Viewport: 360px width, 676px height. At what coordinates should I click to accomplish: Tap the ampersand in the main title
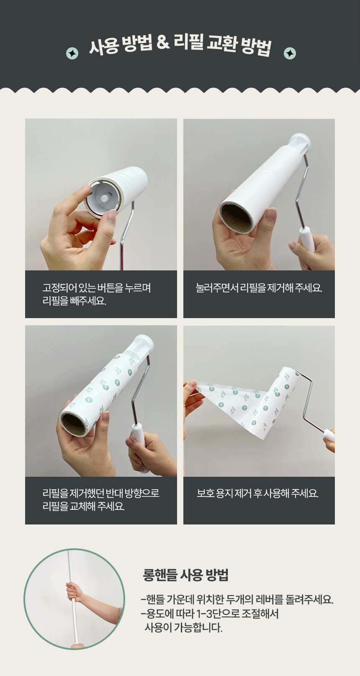click(163, 43)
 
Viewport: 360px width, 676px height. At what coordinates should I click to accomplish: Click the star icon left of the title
click(72, 54)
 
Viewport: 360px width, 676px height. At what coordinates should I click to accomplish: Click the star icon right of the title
click(290, 54)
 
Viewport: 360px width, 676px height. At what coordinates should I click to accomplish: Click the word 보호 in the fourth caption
click(206, 494)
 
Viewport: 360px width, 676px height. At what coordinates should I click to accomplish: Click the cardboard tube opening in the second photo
click(236, 217)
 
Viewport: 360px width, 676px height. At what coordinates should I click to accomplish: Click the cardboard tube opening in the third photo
click(74, 424)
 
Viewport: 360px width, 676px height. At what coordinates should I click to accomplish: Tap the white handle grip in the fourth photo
click(329, 435)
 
